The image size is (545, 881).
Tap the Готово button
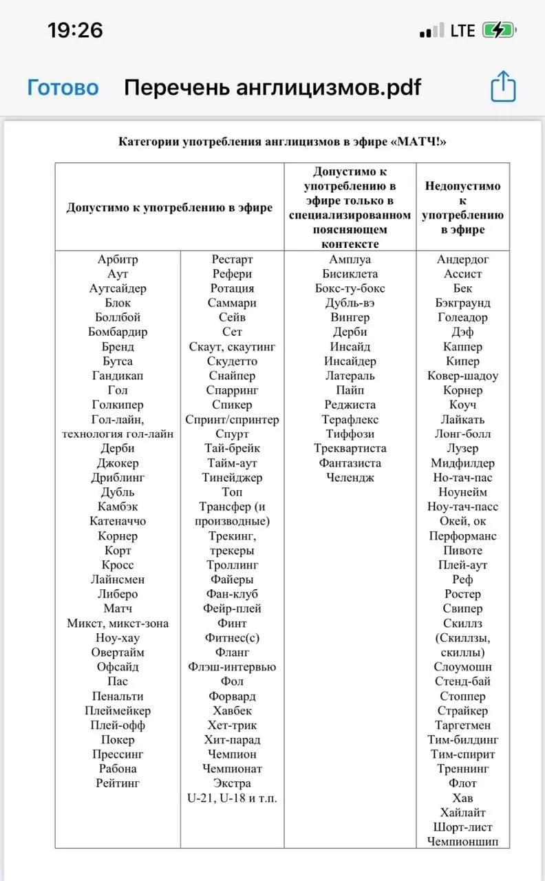(63, 87)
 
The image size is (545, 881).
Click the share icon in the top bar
(503, 87)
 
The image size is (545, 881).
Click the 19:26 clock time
(75, 30)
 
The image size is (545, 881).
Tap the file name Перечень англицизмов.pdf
(272, 87)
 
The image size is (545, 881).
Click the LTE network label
(462, 31)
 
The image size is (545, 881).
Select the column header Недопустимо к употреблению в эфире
(463, 208)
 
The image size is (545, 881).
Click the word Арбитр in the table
(118, 259)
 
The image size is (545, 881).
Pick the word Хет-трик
(233, 725)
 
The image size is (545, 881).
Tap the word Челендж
(350, 477)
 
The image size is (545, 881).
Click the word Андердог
(463, 259)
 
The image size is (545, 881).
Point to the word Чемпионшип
(463, 841)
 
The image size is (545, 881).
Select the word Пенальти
(118, 696)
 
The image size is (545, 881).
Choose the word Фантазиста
(350, 463)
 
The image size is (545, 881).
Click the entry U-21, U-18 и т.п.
(233, 798)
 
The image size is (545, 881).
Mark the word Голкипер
(118, 405)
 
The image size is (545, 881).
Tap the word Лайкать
(463, 419)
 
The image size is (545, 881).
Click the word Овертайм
(118, 652)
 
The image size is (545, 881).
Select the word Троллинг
(233, 565)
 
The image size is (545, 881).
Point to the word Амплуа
(350, 259)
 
